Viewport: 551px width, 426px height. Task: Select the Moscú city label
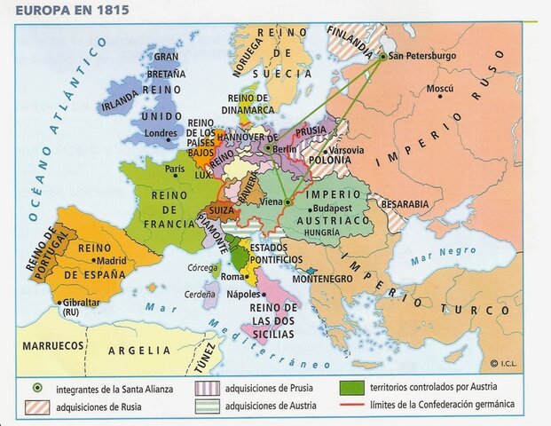[439, 89]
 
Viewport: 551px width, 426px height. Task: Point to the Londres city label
[161, 134]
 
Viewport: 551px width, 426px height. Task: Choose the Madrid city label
[111, 260]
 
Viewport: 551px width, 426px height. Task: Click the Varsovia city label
[346, 150]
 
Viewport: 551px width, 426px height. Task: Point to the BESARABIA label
[405, 203]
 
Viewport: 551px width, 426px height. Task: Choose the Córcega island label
[201, 267]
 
